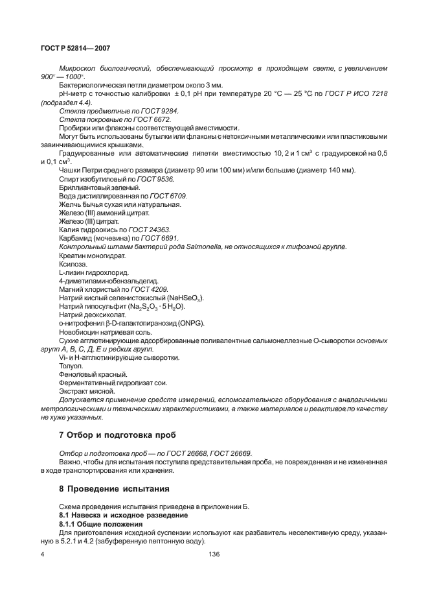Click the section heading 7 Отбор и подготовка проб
pyautogui.click(x=117, y=434)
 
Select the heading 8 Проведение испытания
pyautogui.click(x=114, y=488)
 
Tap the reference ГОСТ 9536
pyautogui.click(x=155, y=178)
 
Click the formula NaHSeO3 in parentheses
pyautogui.click(x=185, y=298)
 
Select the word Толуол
pyautogui.click(x=71, y=366)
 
